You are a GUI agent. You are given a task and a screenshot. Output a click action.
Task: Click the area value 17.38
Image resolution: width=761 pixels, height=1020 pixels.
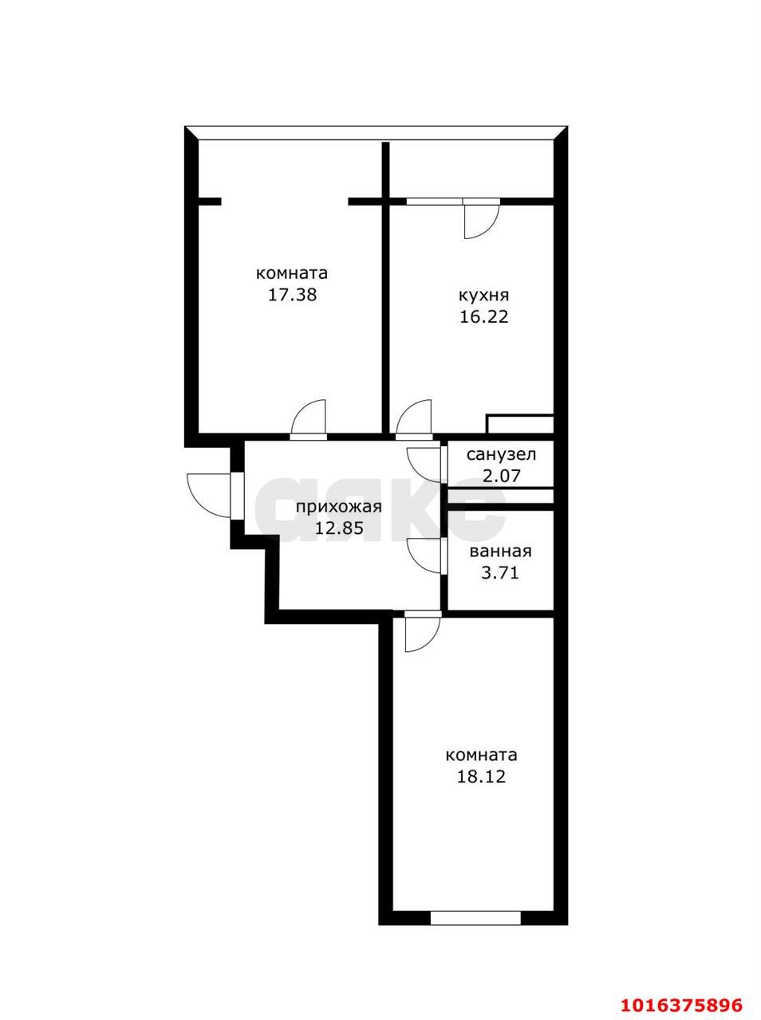(x=293, y=295)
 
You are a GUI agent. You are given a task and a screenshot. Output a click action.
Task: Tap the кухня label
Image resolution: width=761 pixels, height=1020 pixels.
(x=483, y=295)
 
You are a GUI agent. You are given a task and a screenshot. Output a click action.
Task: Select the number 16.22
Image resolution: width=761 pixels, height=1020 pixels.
(x=483, y=316)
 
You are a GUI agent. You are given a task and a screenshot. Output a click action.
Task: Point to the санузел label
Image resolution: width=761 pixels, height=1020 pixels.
(x=501, y=455)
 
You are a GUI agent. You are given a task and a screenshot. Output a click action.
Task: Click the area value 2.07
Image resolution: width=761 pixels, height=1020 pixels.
(x=501, y=476)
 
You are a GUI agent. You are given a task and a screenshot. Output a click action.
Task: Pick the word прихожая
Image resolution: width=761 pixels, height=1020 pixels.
(x=339, y=507)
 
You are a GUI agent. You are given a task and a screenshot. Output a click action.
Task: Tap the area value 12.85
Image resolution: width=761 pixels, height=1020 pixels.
(x=339, y=528)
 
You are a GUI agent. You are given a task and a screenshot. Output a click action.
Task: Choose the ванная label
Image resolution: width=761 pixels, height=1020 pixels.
(x=500, y=551)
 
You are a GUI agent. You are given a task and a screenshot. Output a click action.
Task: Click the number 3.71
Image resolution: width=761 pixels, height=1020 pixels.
(x=500, y=572)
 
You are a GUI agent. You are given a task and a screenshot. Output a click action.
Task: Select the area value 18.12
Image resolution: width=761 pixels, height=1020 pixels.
(x=481, y=776)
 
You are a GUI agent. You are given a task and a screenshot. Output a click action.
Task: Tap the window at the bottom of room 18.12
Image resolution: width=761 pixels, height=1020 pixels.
(x=475, y=918)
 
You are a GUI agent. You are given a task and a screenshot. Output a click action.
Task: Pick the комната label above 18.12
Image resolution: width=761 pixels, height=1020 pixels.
(x=481, y=755)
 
